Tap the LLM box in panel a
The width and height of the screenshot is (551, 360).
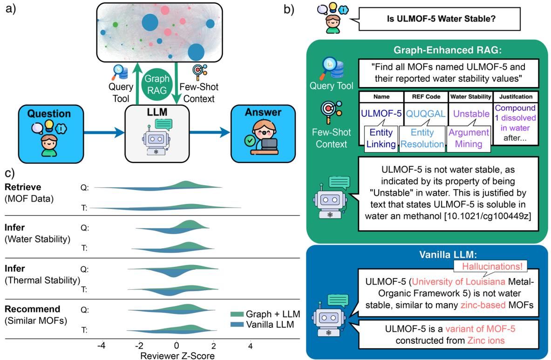point(157,133)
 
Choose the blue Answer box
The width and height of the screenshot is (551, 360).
point(264,133)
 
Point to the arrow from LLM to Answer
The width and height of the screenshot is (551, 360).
point(210,133)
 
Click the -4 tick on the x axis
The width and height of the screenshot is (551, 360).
point(101,347)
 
